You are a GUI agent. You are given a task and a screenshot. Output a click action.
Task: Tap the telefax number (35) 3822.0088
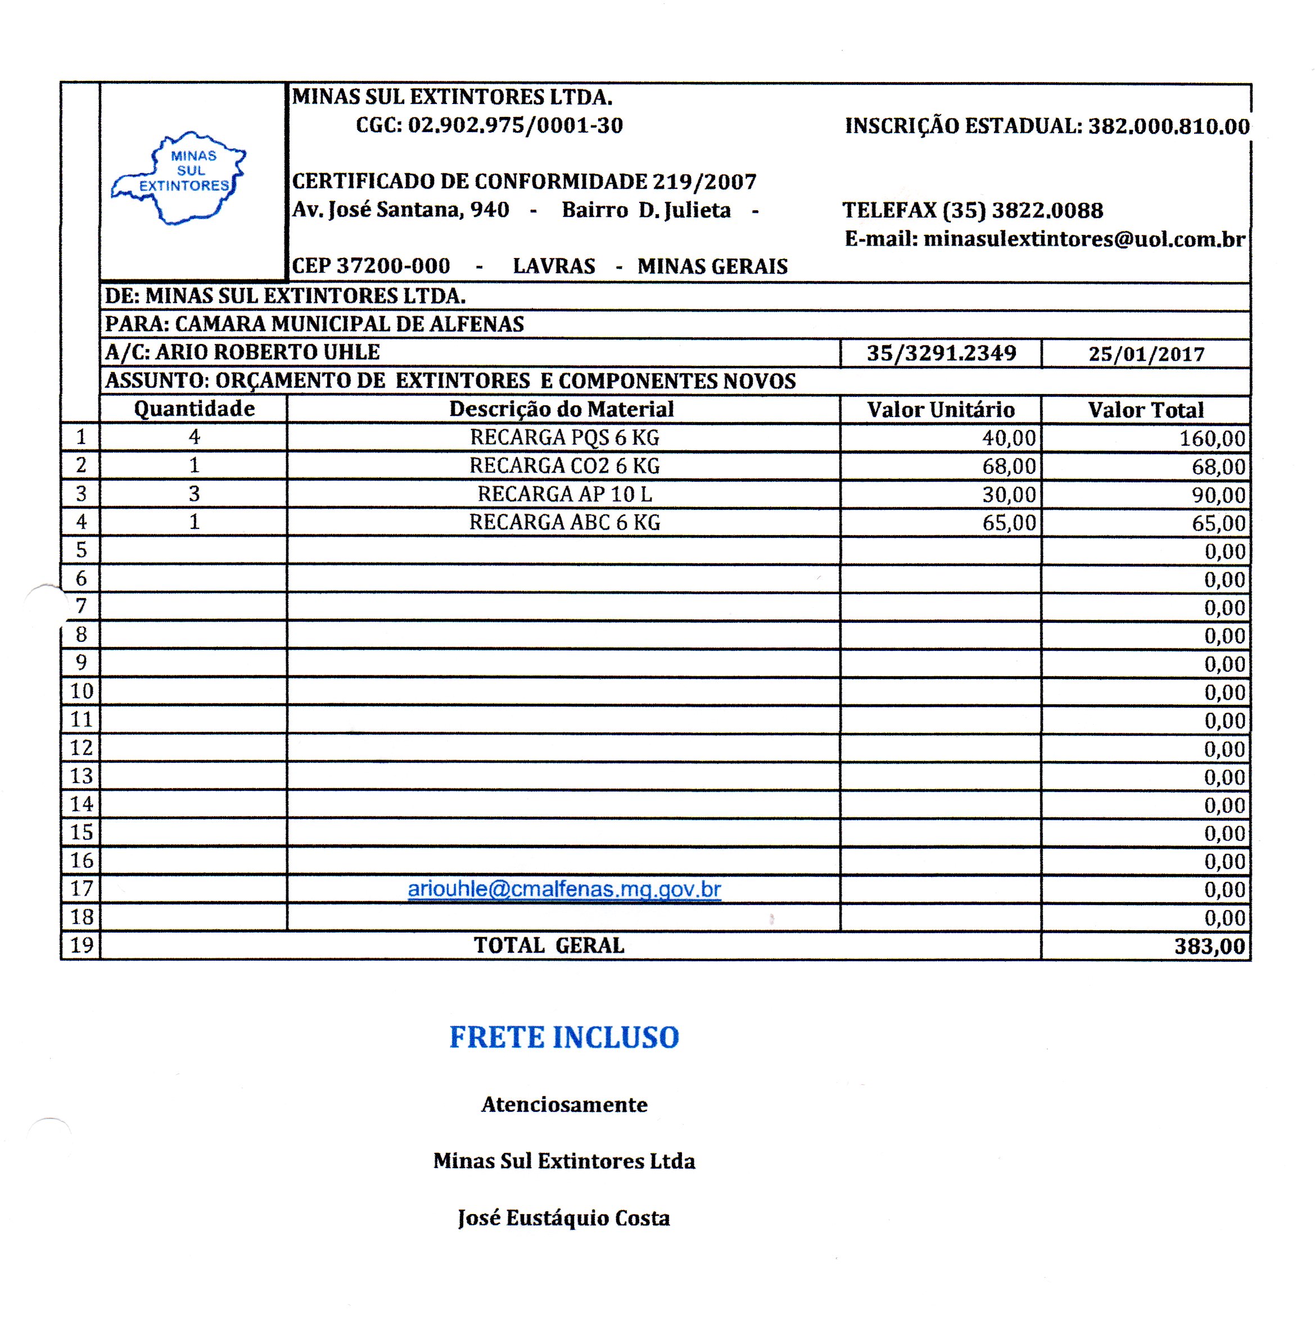pos(1023,210)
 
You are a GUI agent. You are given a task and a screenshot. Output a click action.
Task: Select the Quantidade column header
pos(195,409)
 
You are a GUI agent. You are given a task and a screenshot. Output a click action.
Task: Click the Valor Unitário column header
pos(941,410)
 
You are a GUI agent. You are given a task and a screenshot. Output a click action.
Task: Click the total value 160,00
pos(1212,438)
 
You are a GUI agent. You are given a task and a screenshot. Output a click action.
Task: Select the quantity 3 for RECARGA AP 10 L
pos(195,494)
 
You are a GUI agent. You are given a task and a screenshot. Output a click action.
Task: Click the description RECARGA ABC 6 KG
pos(564,522)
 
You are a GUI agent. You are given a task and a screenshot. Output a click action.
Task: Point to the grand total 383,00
pos(1209,946)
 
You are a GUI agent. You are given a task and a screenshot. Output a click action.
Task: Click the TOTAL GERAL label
pos(549,945)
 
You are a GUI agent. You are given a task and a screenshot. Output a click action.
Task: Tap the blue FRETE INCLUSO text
pos(564,1037)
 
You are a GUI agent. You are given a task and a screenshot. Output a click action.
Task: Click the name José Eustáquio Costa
pos(564,1218)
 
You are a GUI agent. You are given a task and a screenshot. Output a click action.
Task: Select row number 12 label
pos(81,748)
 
